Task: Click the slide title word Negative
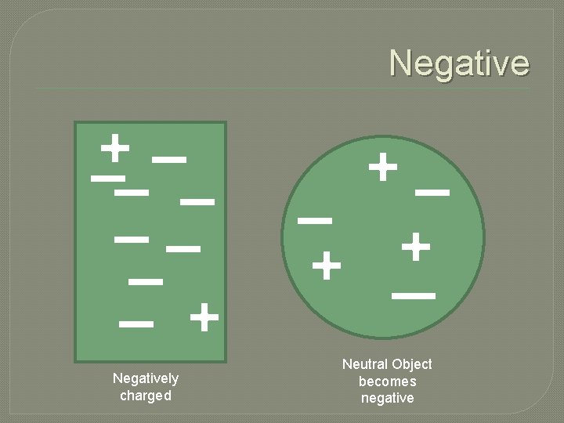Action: click(459, 63)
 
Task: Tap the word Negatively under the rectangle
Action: click(146, 378)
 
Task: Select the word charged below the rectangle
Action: click(146, 396)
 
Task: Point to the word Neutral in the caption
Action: click(366, 364)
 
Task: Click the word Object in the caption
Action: click(412, 364)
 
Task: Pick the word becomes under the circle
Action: click(387, 381)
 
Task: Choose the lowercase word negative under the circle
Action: click(387, 398)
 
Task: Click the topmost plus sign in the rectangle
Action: click(115, 147)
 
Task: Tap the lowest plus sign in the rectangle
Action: click(204, 318)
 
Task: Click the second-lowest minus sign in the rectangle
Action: click(146, 280)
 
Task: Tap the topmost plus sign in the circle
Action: click(383, 167)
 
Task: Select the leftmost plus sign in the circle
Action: click(327, 267)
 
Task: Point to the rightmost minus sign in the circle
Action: click(432, 191)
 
